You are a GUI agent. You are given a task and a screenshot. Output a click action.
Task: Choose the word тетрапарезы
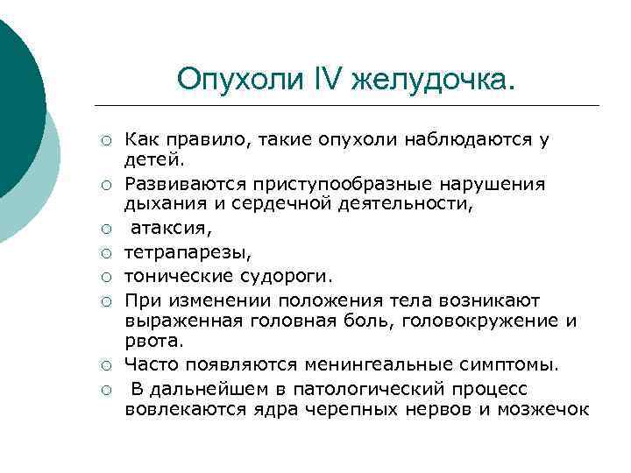tap(175, 253)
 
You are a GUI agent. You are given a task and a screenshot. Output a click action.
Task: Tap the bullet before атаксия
tap(104, 230)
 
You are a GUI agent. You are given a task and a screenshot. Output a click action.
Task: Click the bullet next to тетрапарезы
tap(104, 253)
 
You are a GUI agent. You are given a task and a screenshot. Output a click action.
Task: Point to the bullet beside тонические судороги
tap(104, 277)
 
